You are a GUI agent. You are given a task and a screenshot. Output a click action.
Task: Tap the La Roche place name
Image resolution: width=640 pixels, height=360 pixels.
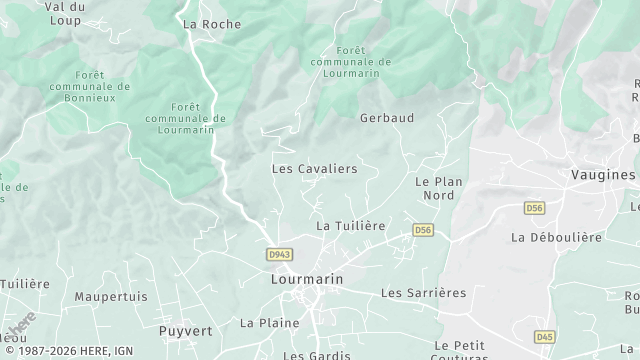[212, 24]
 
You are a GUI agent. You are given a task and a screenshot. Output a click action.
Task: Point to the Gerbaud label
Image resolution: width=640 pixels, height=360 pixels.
[386, 118]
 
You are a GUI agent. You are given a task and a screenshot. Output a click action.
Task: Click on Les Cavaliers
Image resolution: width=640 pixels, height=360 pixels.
[314, 169]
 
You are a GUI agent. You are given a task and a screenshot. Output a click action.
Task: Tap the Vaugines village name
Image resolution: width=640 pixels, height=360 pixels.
[603, 174]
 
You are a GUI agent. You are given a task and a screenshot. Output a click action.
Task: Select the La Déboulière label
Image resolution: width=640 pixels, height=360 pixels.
[556, 238]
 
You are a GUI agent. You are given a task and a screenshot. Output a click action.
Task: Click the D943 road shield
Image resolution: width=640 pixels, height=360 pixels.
[280, 255]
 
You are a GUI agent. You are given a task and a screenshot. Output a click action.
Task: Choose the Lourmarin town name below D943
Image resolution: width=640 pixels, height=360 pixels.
[307, 280]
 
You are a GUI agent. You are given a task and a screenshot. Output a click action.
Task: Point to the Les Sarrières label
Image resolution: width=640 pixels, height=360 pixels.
[424, 293]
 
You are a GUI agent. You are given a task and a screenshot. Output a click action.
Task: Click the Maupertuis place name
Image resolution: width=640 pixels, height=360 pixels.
[111, 297]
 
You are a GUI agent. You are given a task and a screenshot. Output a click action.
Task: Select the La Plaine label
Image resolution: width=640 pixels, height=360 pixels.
[269, 323]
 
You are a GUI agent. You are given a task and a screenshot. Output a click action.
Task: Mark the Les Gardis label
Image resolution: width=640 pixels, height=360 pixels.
[316, 355]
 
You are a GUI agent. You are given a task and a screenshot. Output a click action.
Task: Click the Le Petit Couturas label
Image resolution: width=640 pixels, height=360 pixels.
[461, 350]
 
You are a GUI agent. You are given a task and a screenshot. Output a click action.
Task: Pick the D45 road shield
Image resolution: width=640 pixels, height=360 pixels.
[545, 336]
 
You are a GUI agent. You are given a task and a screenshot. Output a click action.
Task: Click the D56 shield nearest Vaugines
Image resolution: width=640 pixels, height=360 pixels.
[534, 207]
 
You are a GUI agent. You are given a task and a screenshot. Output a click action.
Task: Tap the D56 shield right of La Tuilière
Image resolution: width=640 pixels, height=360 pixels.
[423, 230]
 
